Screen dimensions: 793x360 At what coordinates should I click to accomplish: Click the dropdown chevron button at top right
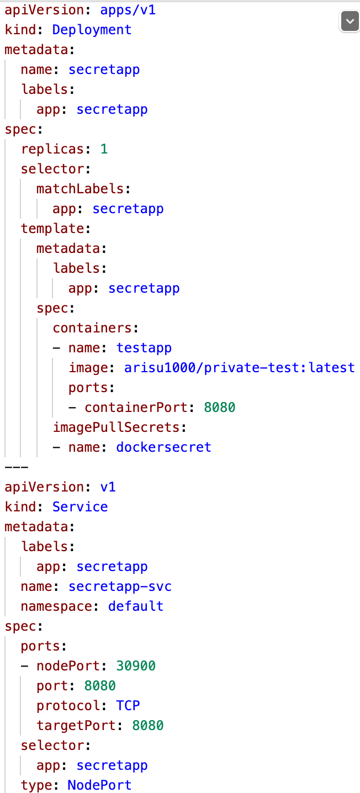pyautogui.click(x=348, y=22)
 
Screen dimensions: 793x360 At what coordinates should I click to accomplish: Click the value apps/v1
pyautogui.click(x=128, y=9)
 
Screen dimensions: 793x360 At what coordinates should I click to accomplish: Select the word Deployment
pyautogui.click(x=92, y=29)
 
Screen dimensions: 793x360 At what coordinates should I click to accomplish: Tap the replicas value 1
pyautogui.click(x=104, y=149)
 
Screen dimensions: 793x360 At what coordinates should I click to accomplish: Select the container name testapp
pyautogui.click(x=144, y=347)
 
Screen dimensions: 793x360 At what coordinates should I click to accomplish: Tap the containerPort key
pyautogui.click(x=136, y=407)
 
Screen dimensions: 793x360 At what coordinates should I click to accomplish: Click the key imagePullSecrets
pyautogui.click(x=116, y=427)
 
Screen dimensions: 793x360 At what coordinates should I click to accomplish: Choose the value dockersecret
pyautogui.click(x=163, y=447)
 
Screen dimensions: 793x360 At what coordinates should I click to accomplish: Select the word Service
pyautogui.click(x=80, y=506)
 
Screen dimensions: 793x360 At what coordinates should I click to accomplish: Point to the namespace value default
pyautogui.click(x=136, y=606)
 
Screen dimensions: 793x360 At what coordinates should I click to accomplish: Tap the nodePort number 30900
pyautogui.click(x=136, y=665)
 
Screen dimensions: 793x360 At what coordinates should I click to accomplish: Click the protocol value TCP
pyautogui.click(x=128, y=705)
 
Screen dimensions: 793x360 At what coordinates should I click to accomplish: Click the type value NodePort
pyautogui.click(x=99, y=785)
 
